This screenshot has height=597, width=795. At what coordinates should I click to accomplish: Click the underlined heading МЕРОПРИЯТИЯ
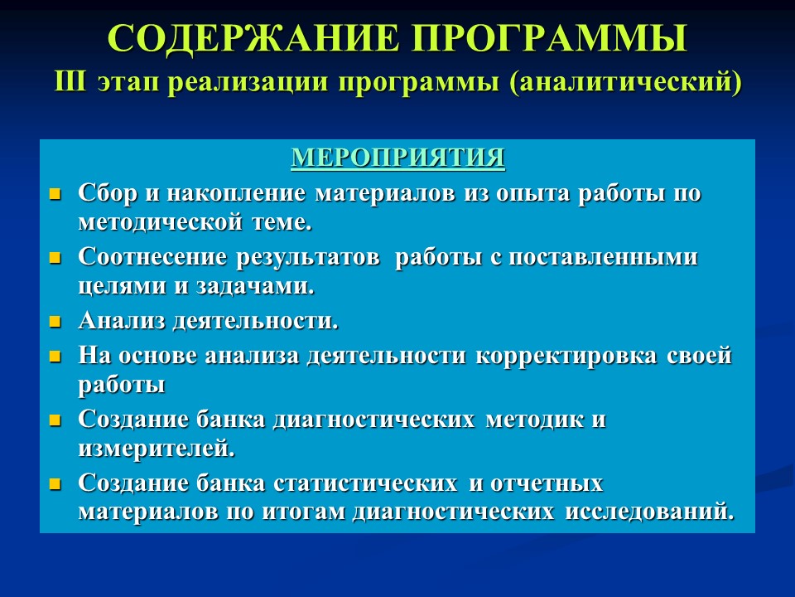click(x=397, y=158)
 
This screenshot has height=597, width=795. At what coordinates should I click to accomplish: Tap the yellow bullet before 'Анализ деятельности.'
click(x=56, y=321)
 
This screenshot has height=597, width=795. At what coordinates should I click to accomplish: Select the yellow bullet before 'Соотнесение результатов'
click(x=56, y=258)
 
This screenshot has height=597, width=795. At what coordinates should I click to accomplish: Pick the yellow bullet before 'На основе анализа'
click(x=56, y=357)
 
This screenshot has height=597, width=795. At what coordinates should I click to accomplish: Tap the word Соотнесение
click(x=153, y=257)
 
